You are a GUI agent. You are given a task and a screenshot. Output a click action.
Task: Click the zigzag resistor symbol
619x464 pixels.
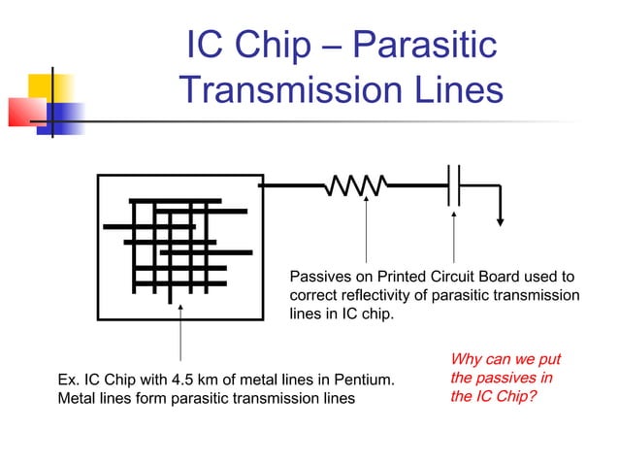358,185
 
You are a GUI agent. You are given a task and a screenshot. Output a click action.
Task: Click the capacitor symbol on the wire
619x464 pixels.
454,184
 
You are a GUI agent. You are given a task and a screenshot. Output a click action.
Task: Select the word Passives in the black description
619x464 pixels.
320,277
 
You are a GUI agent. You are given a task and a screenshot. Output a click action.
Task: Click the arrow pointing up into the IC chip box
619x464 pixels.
181,330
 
